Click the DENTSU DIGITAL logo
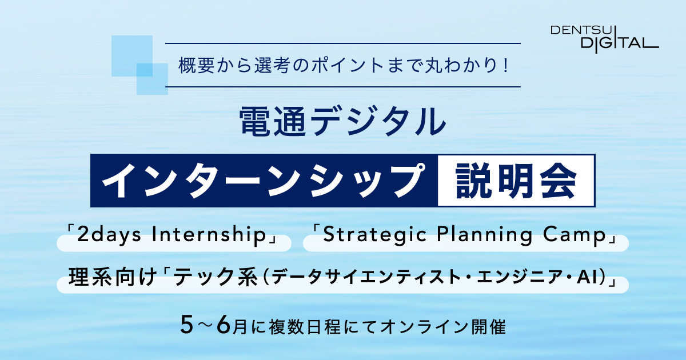tap(605, 39)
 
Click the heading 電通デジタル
tap(342, 121)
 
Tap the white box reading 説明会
tap(516, 181)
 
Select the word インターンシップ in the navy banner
tap(264, 181)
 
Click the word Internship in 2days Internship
tap(209, 235)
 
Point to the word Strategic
tap(375, 235)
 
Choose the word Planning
tap(485, 235)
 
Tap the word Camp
tap(575, 235)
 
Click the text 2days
tap(109, 235)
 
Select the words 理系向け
tap(113, 277)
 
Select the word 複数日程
tap(304, 327)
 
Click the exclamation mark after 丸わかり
tap(505, 66)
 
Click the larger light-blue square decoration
tap(132, 56)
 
